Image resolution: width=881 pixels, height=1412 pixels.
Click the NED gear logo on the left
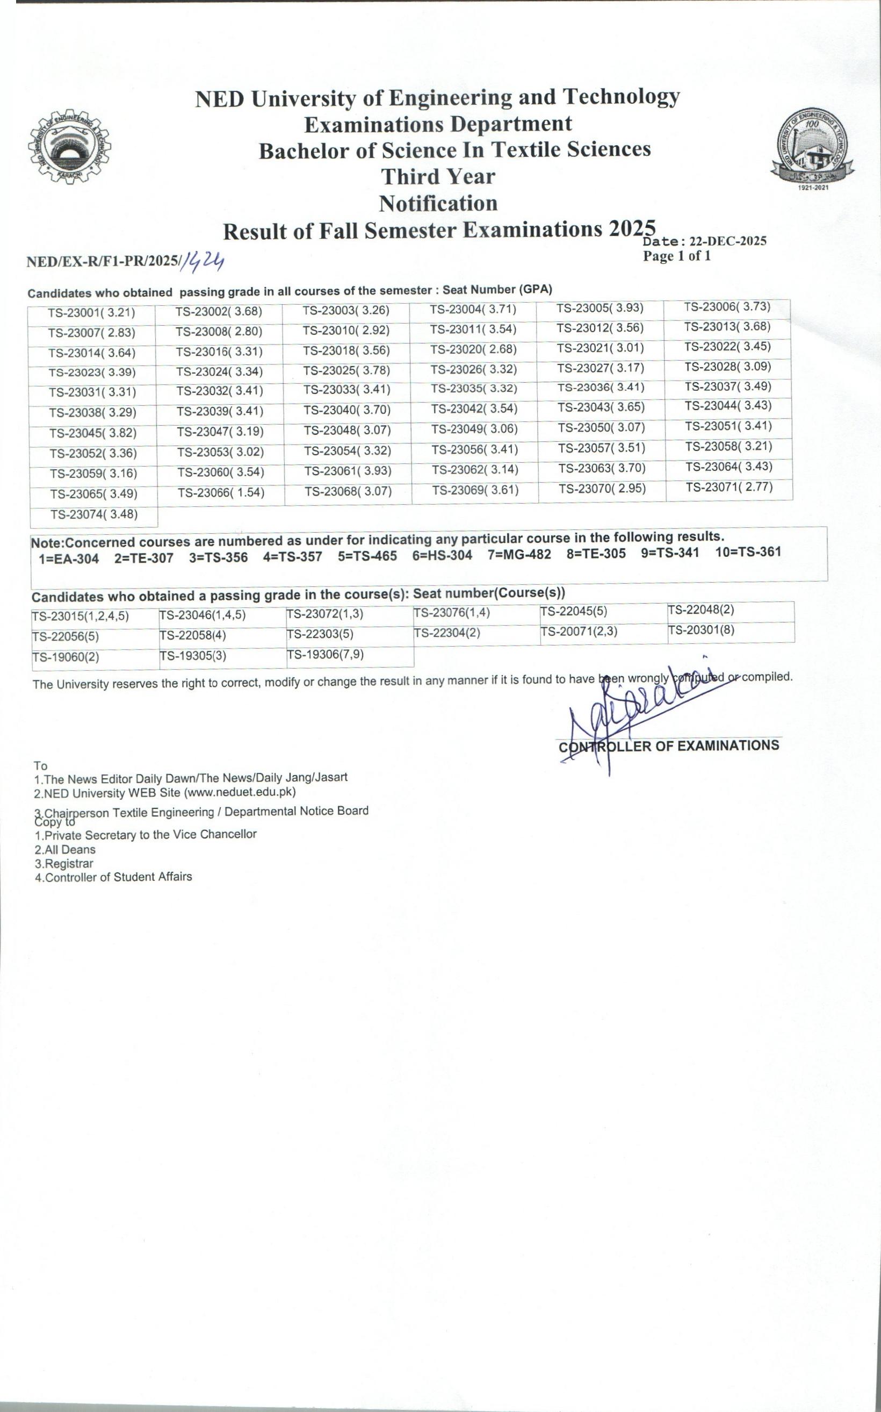[x=69, y=147]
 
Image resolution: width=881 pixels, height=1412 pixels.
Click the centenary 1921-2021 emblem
[x=812, y=149]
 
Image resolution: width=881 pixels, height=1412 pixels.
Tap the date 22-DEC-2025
[x=728, y=241]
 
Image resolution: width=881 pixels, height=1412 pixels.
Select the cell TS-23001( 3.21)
[x=91, y=313]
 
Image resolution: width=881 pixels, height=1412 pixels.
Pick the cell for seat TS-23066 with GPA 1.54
[x=221, y=493]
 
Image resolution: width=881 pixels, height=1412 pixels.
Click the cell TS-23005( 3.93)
[x=600, y=308]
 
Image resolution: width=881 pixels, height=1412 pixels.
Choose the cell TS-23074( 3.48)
[x=94, y=515]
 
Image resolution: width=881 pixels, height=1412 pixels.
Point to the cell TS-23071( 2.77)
[x=729, y=488]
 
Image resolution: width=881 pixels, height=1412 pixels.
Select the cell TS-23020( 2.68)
[x=474, y=350]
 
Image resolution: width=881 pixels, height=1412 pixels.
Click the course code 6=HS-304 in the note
[x=442, y=555]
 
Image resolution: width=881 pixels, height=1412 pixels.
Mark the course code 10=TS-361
[x=748, y=552]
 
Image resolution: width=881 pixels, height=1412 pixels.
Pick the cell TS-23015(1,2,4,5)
[x=81, y=616]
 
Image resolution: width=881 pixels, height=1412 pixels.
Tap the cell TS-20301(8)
[x=701, y=630]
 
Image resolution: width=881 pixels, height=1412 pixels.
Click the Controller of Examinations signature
[x=641, y=714]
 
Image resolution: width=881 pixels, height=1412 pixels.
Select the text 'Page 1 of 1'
[x=676, y=256]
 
